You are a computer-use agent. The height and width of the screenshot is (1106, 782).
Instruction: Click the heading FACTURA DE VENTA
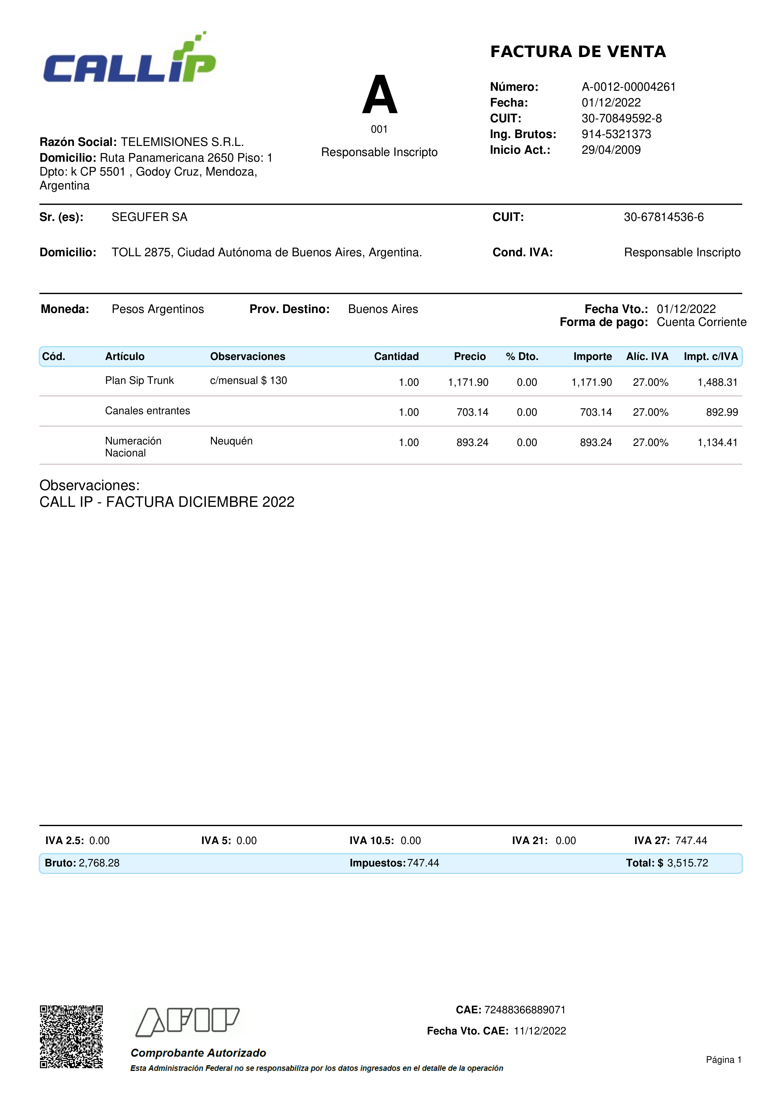pyautogui.click(x=578, y=52)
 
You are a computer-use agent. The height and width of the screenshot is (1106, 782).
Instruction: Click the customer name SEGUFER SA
pyautogui.click(x=149, y=217)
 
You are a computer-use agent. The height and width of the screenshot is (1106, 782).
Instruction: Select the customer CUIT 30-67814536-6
pyautogui.click(x=663, y=217)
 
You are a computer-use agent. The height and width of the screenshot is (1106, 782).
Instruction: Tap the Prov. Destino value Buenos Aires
pyautogui.click(x=383, y=309)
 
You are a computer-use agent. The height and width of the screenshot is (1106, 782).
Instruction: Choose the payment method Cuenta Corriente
pyautogui.click(x=701, y=322)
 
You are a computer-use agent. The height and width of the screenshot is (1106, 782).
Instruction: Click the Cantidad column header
pyautogui.click(x=396, y=356)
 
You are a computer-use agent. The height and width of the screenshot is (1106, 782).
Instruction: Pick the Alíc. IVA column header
pyautogui.click(x=647, y=356)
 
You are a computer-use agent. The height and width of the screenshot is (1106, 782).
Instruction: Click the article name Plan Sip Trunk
pyautogui.click(x=139, y=380)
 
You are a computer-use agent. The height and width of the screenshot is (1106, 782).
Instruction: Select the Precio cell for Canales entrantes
pyautogui.click(x=472, y=412)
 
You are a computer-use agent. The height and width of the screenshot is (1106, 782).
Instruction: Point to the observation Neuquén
pyautogui.click(x=231, y=441)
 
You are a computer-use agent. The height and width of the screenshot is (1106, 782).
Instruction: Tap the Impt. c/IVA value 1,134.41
pyautogui.click(x=717, y=443)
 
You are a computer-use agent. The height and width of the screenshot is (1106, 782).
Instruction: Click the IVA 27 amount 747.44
pyautogui.click(x=691, y=841)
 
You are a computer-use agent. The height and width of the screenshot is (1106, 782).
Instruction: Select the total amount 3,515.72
pyautogui.click(x=688, y=863)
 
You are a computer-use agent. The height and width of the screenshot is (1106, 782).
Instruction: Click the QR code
pyautogui.click(x=71, y=1037)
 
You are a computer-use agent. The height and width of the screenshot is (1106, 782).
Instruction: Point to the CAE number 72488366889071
pyautogui.click(x=525, y=1010)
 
